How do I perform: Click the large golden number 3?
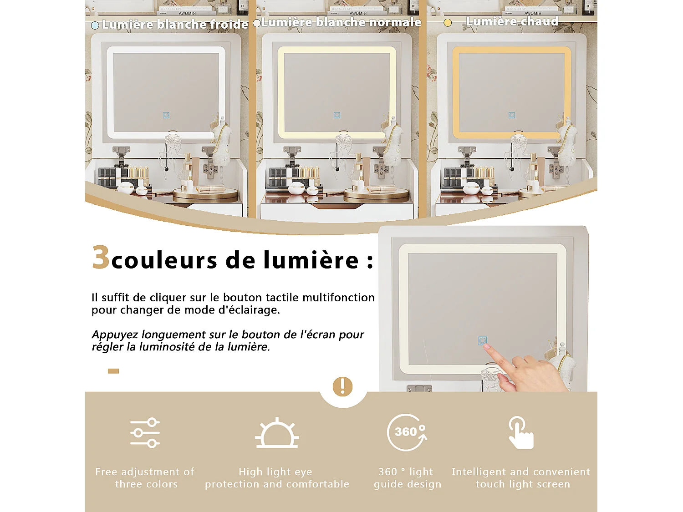[x=101, y=257]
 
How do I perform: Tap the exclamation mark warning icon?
[x=342, y=386]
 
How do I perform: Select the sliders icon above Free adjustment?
[x=145, y=432]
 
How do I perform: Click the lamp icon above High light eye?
[x=277, y=434]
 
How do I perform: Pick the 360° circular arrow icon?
[x=407, y=432]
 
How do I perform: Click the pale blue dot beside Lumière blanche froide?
[x=95, y=25]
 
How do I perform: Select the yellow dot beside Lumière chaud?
[x=448, y=23]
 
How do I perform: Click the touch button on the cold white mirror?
[x=166, y=115]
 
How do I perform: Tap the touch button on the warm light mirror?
[x=511, y=115]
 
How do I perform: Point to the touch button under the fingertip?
[x=483, y=340]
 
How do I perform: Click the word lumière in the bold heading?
[x=311, y=260]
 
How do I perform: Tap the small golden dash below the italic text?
[x=113, y=371]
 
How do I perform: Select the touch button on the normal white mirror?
[x=337, y=115]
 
